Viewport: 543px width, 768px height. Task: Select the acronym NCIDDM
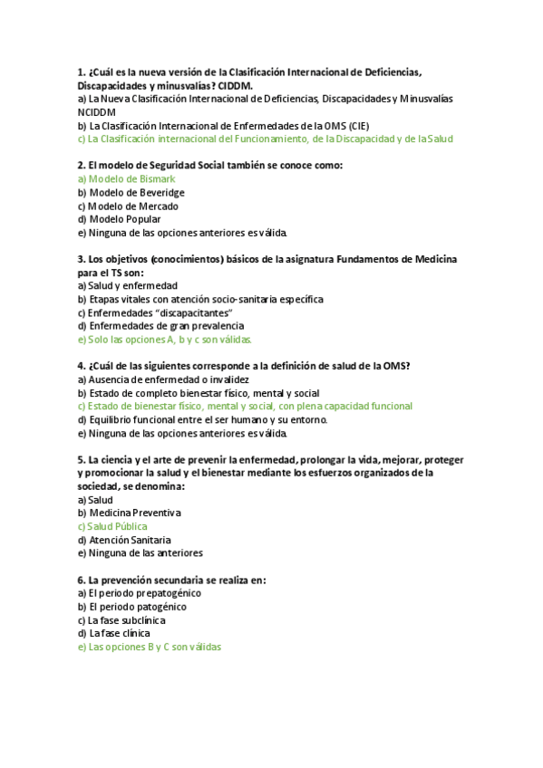99,112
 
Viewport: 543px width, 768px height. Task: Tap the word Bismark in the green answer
156,179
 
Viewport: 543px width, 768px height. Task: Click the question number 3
81,260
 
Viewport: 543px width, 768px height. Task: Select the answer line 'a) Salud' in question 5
95,500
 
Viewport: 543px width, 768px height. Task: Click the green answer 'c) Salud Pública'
112,526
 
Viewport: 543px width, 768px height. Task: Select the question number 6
81,580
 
